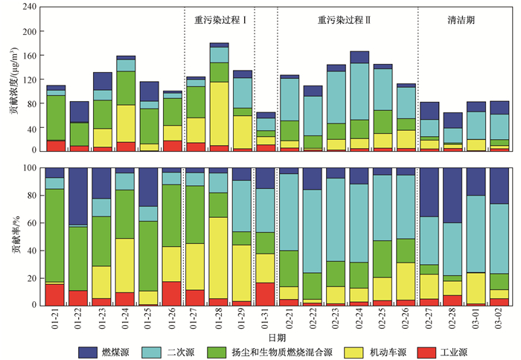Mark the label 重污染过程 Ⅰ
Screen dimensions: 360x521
pyautogui.click(x=220, y=20)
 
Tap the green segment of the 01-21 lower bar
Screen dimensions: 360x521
pyautogui.click(x=56, y=235)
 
